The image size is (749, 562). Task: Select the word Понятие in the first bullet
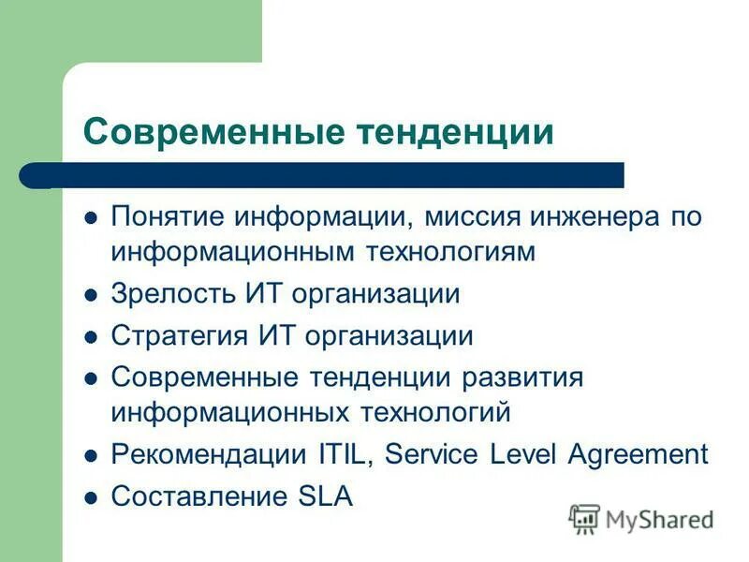point(168,218)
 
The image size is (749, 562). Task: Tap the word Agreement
point(638,454)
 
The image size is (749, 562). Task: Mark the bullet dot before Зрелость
point(91,295)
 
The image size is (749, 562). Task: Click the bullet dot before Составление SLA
point(91,496)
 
